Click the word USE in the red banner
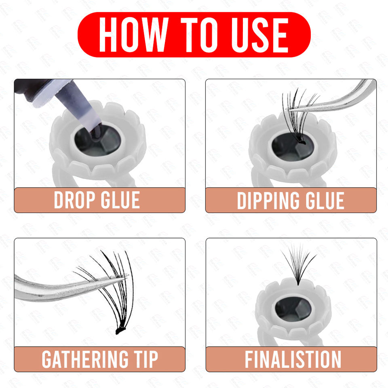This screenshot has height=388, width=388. tap(259, 35)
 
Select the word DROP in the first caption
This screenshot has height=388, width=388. tap(74, 200)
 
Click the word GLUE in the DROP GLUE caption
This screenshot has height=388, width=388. tap(120, 200)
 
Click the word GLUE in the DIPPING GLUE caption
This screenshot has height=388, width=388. tap(325, 200)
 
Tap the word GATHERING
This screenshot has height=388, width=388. tap(85, 359)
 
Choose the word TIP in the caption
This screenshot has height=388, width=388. tap(146, 359)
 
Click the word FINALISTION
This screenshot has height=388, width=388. tap(293, 359)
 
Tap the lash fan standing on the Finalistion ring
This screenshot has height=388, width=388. tap(298, 265)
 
